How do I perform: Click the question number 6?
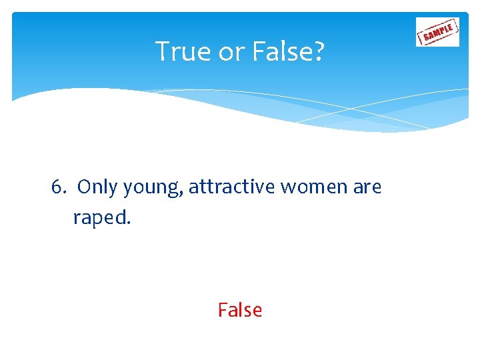56,188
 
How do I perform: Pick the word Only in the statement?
97,188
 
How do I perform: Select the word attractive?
231,188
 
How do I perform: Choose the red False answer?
240,310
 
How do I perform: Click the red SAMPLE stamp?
437,31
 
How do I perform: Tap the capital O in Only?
84,188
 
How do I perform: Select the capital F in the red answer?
222,310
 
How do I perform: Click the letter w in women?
288,189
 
